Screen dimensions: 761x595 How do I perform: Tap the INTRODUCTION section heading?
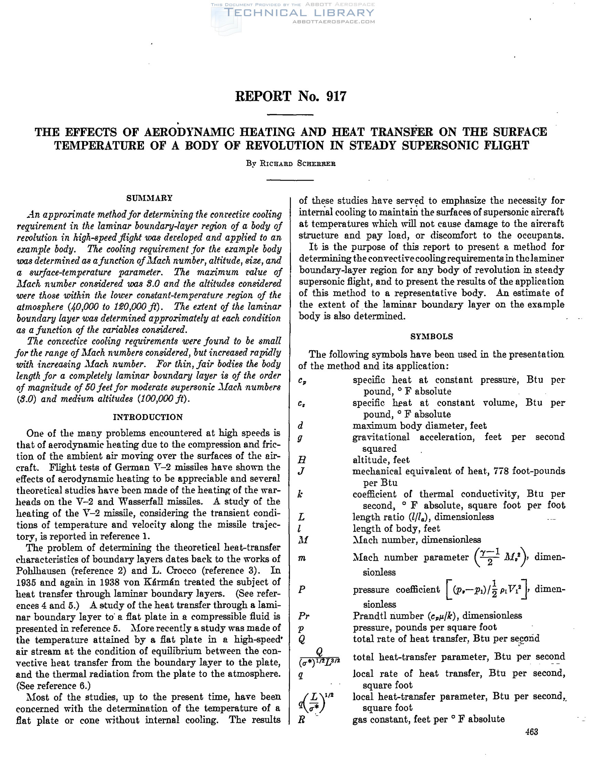[x=148, y=417]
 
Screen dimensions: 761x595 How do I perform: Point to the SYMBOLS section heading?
[x=431, y=336]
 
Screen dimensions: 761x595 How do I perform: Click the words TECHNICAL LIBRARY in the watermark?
[x=299, y=13]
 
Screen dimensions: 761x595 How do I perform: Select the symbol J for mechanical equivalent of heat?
[x=302, y=471]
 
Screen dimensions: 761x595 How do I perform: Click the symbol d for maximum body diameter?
[x=301, y=426]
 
